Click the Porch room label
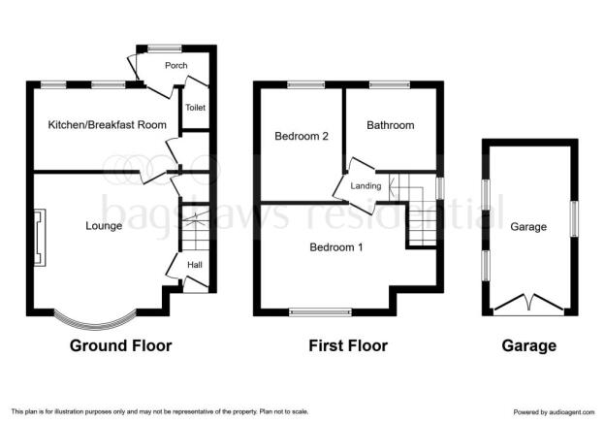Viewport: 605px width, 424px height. pos(175,66)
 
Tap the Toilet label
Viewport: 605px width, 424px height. pos(195,108)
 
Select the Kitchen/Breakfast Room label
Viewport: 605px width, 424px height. pos(108,125)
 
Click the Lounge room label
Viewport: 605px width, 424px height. pos(104,226)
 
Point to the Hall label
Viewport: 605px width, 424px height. pos(195,265)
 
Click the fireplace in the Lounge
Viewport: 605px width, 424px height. pos(40,238)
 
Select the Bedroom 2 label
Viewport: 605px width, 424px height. pos(302,136)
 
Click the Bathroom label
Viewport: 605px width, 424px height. pos(391,125)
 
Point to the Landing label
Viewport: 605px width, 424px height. pos(366,185)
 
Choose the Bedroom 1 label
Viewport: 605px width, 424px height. pos(336,247)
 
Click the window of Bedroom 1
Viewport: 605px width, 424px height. pos(321,312)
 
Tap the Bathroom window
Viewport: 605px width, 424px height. pos(390,84)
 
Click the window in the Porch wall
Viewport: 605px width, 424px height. pos(165,49)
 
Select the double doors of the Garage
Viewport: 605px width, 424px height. pos(527,303)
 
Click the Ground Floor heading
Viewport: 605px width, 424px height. pos(121,345)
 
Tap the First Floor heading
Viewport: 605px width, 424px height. pos(348,345)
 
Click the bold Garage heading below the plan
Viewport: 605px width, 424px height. pos(529,345)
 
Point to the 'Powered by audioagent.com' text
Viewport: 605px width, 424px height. pos(554,412)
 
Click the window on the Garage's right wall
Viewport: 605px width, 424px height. pos(574,218)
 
